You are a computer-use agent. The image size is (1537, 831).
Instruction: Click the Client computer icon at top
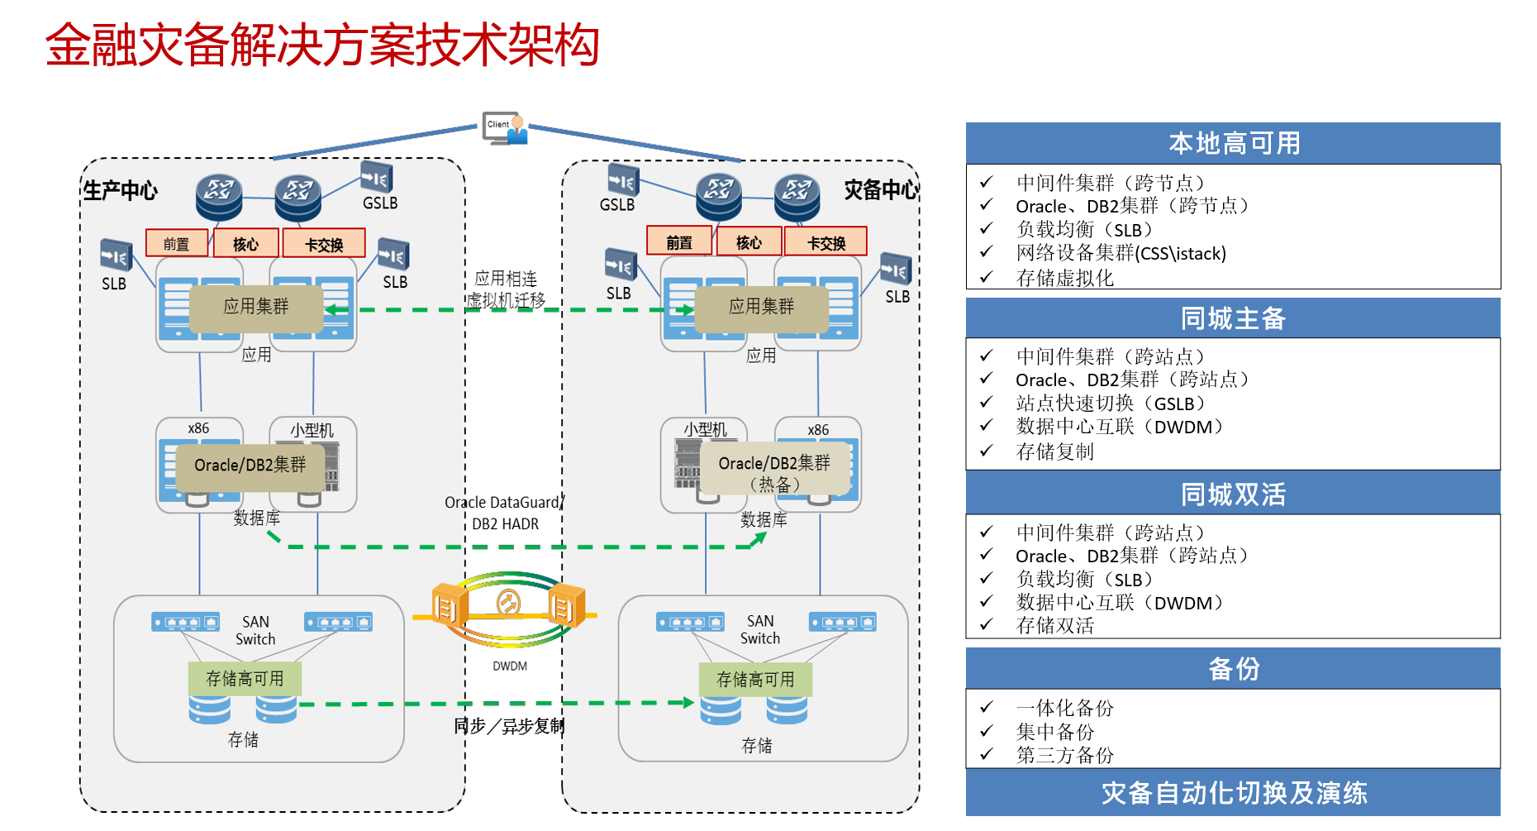(505, 128)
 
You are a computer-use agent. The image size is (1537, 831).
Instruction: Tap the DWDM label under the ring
(510, 666)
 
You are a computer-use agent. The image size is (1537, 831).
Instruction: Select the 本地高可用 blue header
(1233, 144)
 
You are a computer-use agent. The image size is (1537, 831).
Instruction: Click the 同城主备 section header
(1233, 318)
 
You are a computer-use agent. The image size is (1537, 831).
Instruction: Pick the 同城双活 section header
(1233, 494)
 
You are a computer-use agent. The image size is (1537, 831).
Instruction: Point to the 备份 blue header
(1233, 668)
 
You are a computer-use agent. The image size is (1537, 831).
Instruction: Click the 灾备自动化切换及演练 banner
(1233, 793)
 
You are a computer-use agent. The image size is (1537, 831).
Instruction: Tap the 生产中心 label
(121, 191)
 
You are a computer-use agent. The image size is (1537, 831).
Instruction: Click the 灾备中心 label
(880, 190)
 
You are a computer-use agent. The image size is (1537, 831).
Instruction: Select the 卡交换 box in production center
(324, 244)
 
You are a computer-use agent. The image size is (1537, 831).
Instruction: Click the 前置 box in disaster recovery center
(678, 241)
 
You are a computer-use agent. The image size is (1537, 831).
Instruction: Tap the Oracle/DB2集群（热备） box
(774, 473)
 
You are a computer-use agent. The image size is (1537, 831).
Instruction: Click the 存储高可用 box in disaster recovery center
(755, 680)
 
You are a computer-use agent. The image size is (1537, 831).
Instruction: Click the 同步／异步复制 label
(509, 726)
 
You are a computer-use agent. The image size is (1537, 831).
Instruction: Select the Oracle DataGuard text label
(502, 503)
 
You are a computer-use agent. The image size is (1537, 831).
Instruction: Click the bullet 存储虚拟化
(1064, 278)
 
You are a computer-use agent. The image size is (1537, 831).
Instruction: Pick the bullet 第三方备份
(1064, 755)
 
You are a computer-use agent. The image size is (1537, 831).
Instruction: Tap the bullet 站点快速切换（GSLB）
(1110, 404)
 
